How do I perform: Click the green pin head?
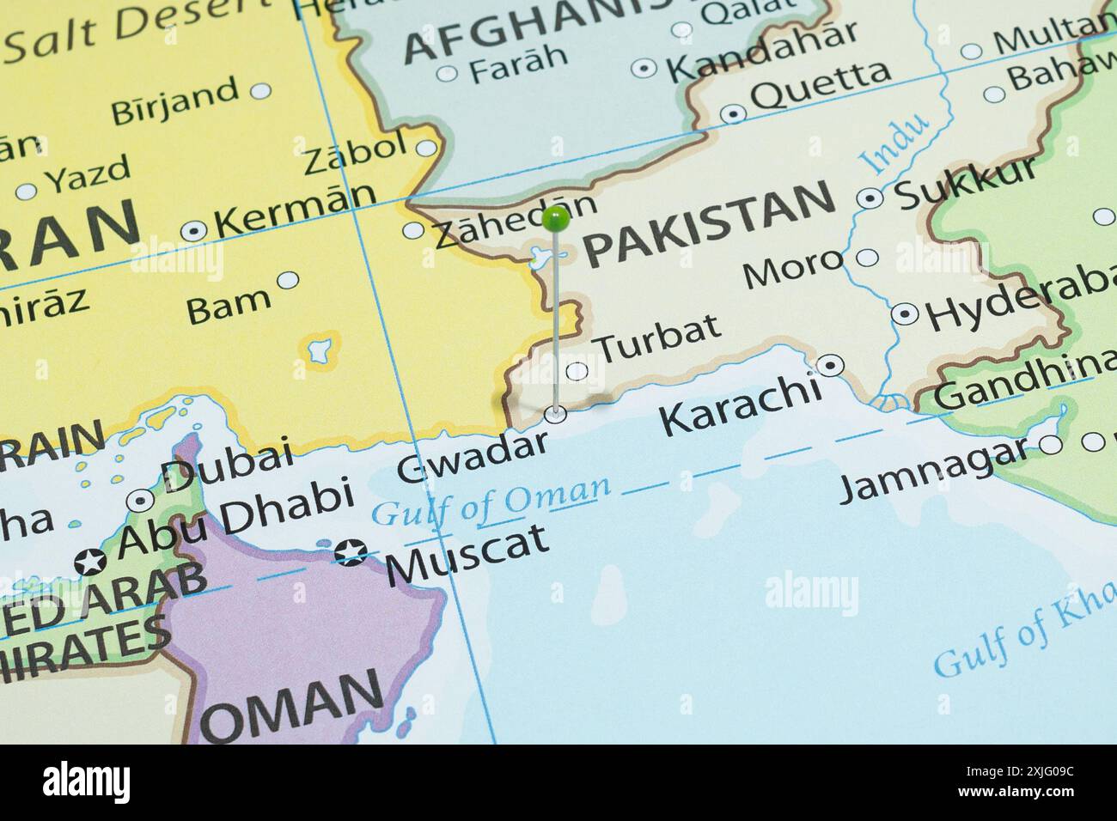coord(557,220)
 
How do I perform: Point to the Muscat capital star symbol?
coord(351,552)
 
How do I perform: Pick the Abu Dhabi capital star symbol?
coord(90,562)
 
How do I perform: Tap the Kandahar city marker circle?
coord(644,68)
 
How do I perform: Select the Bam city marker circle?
coord(289,279)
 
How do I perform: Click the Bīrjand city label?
coord(175,100)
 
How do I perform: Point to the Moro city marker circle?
coord(868,257)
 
